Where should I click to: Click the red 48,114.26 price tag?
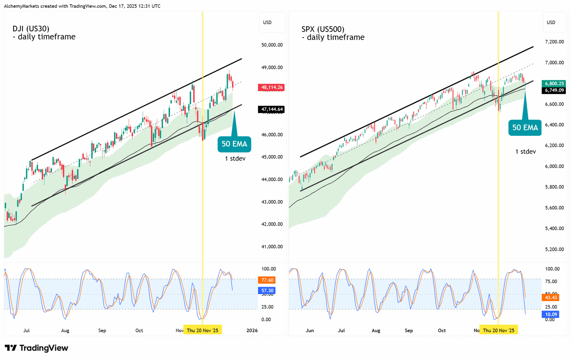271,88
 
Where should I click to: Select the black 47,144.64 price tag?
271,109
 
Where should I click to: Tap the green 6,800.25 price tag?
554,83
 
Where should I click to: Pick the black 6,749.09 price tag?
554,90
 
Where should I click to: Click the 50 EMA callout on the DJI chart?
234,144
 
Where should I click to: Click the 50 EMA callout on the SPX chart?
525,128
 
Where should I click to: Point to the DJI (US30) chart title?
31,29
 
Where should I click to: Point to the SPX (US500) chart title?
322,29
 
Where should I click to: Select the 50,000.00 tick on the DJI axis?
272,45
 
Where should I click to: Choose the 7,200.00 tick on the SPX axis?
554,42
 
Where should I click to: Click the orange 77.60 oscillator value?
267,280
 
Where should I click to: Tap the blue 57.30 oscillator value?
267,290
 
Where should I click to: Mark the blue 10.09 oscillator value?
550,315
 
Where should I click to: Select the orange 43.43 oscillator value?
550,297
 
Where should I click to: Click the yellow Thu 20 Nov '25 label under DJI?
203,330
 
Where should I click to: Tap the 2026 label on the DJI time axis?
252,330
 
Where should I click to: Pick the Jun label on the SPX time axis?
309,330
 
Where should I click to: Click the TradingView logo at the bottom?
36,348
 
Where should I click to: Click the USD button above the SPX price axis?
551,22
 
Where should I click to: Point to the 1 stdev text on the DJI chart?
235,159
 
